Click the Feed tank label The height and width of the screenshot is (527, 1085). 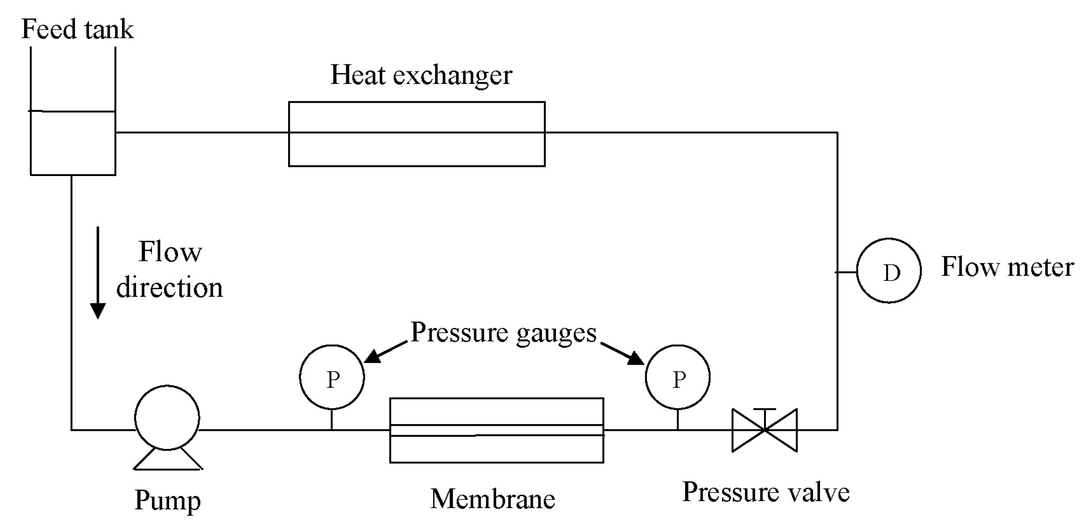click(x=77, y=29)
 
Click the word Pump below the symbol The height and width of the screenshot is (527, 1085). click(x=168, y=501)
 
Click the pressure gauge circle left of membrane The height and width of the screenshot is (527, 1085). click(x=332, y=377)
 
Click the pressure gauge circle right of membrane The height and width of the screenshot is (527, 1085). click(x=677, y=377)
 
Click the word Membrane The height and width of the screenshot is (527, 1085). click(x=493, y=499)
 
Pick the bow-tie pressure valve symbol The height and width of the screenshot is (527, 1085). click(x=764, y=430)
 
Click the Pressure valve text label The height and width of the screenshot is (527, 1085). click(x=766, y=492)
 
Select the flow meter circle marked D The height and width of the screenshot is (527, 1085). click(x=889, y=270)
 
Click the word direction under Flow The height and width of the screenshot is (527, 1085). click(x=169, y=288)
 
